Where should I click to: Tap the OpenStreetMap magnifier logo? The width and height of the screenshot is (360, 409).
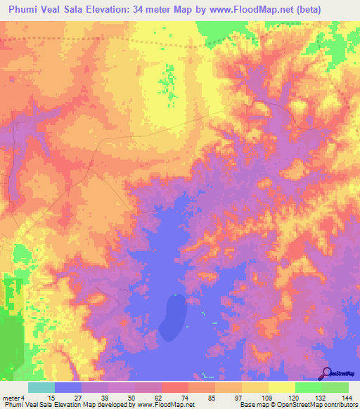point(328,373)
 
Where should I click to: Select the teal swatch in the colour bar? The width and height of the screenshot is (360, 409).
point(41,387)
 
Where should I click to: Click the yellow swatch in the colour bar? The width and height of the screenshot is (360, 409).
point(282,387)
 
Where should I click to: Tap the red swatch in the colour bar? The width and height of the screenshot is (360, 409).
point(175,387)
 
